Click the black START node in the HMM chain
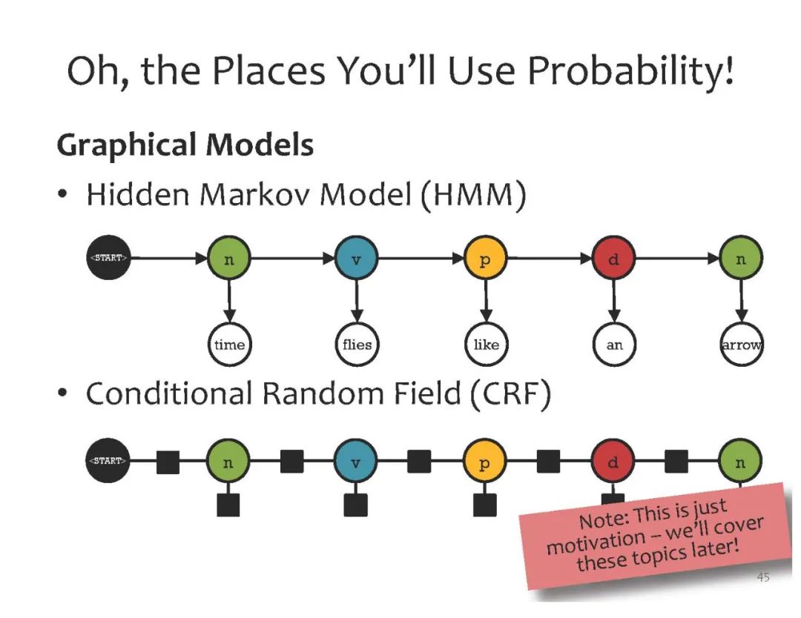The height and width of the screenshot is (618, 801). pos(108,259)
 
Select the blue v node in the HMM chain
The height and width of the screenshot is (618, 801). pos(357,259)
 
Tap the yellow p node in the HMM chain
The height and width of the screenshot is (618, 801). pos(485,259)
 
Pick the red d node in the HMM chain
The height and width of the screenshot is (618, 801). pos(613,259)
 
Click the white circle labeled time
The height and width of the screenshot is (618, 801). pos(229,345)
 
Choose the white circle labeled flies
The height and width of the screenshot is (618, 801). pos(357,345)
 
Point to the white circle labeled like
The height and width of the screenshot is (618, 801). pos(486,345)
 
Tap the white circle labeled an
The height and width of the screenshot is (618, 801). pos(614,345)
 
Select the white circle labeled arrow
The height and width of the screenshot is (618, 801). pos(742,345)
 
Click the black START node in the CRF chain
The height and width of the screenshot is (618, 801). pos(108,461)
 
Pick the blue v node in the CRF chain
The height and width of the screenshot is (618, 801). pos(356,462)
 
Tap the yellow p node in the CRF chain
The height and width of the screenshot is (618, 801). pos(485,462)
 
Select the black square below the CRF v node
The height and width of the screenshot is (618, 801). pos(356,505)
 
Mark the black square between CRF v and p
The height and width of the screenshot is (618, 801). pos(419,462)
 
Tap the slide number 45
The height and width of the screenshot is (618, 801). pos(762,577)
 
